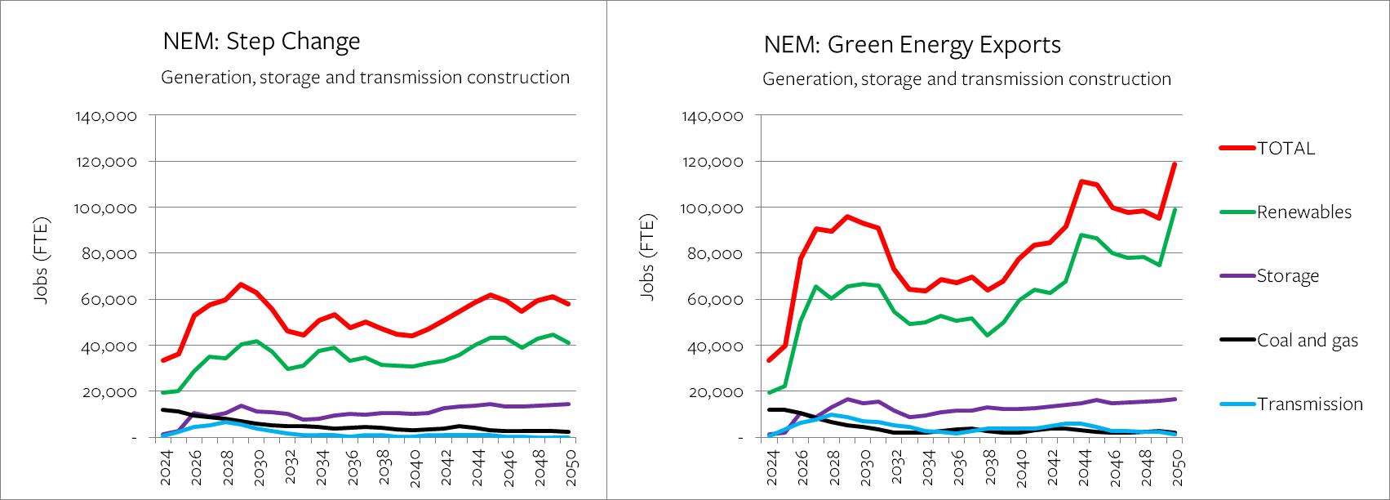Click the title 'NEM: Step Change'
click(x=261, y=42)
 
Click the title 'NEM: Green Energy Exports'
click(x=912, y=44)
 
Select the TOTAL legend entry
click(x=1286, y=148)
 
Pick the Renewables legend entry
click(x=1303, y=212)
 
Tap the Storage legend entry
click(x=1287, y=276)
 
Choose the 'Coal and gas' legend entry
click(x=1307, y=341)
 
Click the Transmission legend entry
click(x=1309, y=404)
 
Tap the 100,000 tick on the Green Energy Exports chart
click(x=711, y=208)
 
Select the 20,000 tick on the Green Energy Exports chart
click(x=715, y=392)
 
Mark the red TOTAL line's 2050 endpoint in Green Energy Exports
click(x=1174, y=164)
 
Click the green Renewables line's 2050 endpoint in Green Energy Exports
click(x=1174, y=210)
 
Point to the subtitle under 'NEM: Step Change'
click(x=365, y=78)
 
